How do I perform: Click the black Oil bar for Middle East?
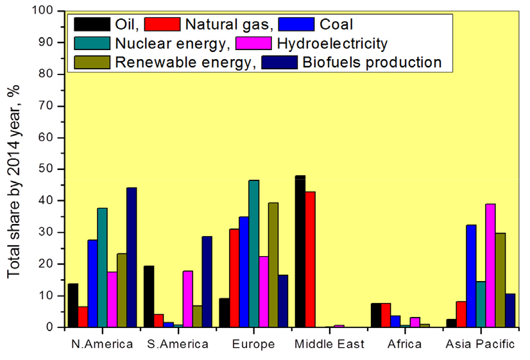[x=300, y=251]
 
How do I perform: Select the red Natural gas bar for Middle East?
[x=311, y=259]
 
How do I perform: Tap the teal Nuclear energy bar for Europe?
[x=254, y=253]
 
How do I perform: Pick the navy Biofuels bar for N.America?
[x=132, y=257]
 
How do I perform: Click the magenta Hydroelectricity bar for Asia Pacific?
[x=490, y=266]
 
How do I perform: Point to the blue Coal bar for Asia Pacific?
[x=471, y=276]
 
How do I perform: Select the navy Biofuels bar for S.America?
[x=207, y=282]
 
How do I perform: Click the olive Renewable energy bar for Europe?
[x=273, y=265]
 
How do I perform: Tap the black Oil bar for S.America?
[x=149, y=296]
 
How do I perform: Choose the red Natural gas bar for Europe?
[x=234, y=278]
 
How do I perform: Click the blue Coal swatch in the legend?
[x=296, y=24]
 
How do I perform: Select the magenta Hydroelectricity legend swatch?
[x=253, y=43]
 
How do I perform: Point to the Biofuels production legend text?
[x=372, y=62]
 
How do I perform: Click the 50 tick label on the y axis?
[x=46, y=169]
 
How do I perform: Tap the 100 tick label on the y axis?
[x=42, y=10]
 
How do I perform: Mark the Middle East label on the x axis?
[x=329, y=344]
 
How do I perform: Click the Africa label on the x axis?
[x=405, y=344]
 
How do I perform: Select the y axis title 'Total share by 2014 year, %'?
[x=13, y=182]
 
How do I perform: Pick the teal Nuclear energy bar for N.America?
[x=103, y=268]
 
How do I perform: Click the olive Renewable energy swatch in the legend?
[x=92, y=62]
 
